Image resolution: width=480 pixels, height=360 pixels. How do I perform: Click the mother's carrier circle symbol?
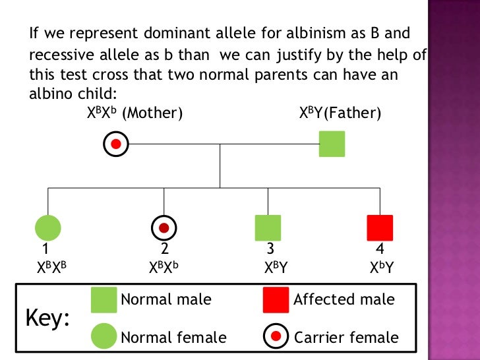[x=117, y=144]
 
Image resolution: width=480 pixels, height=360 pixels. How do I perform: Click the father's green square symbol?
[x=332, y=144]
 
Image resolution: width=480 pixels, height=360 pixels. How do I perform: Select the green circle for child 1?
[x=47, y=227]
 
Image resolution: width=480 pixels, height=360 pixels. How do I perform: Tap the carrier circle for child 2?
[x=164, y=227]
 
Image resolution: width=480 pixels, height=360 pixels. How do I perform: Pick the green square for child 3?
[x=268, y=227]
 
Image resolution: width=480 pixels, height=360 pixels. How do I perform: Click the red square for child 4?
[x=380, y=227]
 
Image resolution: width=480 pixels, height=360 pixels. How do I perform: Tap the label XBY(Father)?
[x=340, y=113]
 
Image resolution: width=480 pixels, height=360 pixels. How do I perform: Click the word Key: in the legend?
[x=47, y=319]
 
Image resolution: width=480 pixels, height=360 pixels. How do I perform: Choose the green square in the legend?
[x=104, y=300]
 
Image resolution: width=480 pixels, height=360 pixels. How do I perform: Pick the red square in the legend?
[x=276, y=300]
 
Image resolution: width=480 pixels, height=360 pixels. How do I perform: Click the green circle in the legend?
[x=104, y=337]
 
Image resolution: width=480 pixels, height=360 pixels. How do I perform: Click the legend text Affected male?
[x=344, y=300]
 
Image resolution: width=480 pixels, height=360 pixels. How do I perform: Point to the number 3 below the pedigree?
[x=270, y=249]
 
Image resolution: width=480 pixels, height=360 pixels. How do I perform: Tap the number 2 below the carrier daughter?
[x=165, y=249]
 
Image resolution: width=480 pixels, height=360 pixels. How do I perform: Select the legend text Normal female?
[x=173, y=338]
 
